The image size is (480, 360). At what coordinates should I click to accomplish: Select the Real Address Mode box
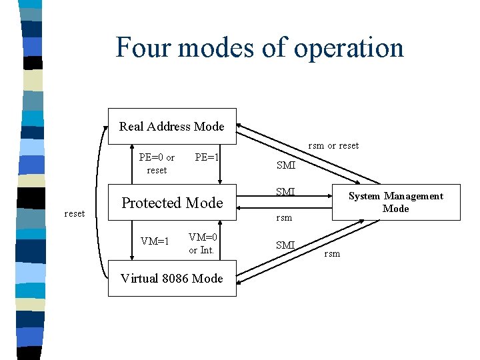(x=172, y=126)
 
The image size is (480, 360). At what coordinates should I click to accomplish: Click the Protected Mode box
(x=172, y=203)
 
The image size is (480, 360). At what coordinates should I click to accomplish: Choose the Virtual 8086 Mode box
(x=172, y=278)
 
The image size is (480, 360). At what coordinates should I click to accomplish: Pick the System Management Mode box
(x=396, y=202)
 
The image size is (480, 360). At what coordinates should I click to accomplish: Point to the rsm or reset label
(x=333, y=145)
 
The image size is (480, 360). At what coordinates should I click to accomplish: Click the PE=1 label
(x=207, y=158)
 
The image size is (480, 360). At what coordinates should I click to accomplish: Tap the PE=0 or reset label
(x=157, y=164)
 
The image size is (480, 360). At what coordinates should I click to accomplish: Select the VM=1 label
(x=155, y=241)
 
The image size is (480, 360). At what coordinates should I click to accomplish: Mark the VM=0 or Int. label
(x=203, y=243)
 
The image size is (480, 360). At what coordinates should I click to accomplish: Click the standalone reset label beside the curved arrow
(x=74, y=213)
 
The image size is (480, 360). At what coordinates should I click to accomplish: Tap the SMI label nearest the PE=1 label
(x=285, y=165)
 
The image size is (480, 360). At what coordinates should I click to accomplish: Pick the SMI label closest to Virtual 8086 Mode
(x=285, y=245)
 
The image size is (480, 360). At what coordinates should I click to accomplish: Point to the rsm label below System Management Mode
(x=332, y=253)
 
